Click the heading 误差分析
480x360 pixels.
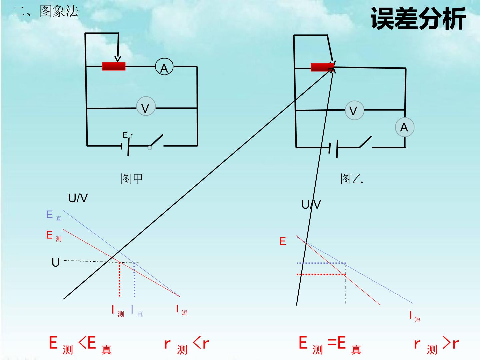click(x=418, y=18)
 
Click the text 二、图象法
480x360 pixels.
click(x=45, y=11)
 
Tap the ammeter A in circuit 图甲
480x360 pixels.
click(x=164, y=67)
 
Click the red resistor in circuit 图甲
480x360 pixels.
click(x=114, y=66)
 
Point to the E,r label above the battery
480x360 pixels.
click(x=128, y=135)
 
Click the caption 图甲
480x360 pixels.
click(x=132, y=179)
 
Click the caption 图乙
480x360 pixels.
click(x=352, y=179)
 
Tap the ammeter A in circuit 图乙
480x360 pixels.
click(x=405, y=127)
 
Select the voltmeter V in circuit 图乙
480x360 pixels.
click(x=354, y=110)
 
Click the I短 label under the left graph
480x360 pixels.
click(x=182, y=310)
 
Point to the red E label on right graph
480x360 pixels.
click(x=283, y=241)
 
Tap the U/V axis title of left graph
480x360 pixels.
click(x=78, y=198)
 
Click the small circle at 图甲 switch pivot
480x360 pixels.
click(x=150, y=148)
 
